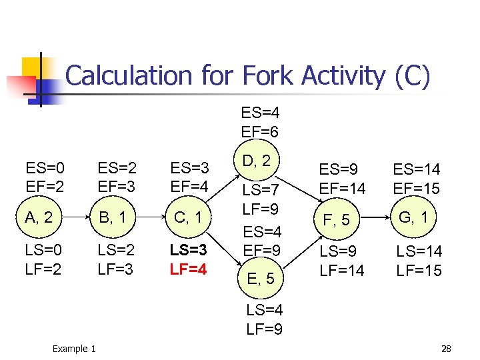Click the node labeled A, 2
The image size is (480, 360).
coord(43,217)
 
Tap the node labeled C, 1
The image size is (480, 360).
coord(189,217)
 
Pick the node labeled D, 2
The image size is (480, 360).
coord(256,161)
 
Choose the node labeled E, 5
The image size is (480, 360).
coord(260,278)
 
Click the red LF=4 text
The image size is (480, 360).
coord(189,270)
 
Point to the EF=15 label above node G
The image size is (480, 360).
coord(417,188)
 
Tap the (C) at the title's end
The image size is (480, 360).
coord(412,77)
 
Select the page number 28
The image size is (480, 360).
coord(447,349)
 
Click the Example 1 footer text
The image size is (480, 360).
coord(74,349)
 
